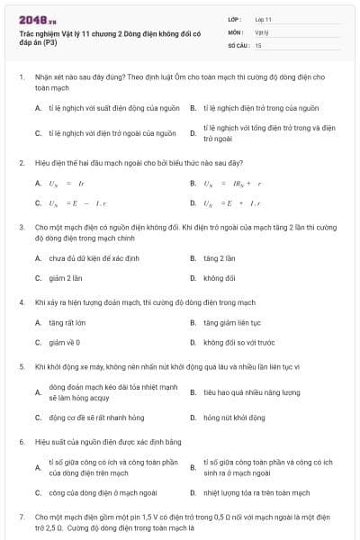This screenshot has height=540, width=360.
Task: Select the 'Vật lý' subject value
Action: [x=261, y=31]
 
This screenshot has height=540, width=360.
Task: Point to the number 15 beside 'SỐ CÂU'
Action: [x=258, y=44]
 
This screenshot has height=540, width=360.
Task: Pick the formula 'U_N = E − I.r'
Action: [x=69, y=202]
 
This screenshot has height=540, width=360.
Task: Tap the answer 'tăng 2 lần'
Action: [x=219, y=258]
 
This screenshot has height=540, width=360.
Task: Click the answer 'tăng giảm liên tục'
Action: [x=231, y=322]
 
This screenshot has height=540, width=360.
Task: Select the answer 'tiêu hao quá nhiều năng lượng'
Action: [x=251, y=392]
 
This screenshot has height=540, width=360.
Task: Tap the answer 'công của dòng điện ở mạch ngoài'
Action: [x=103, y=492]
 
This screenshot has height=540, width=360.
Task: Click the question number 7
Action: [x=21, y=517]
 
